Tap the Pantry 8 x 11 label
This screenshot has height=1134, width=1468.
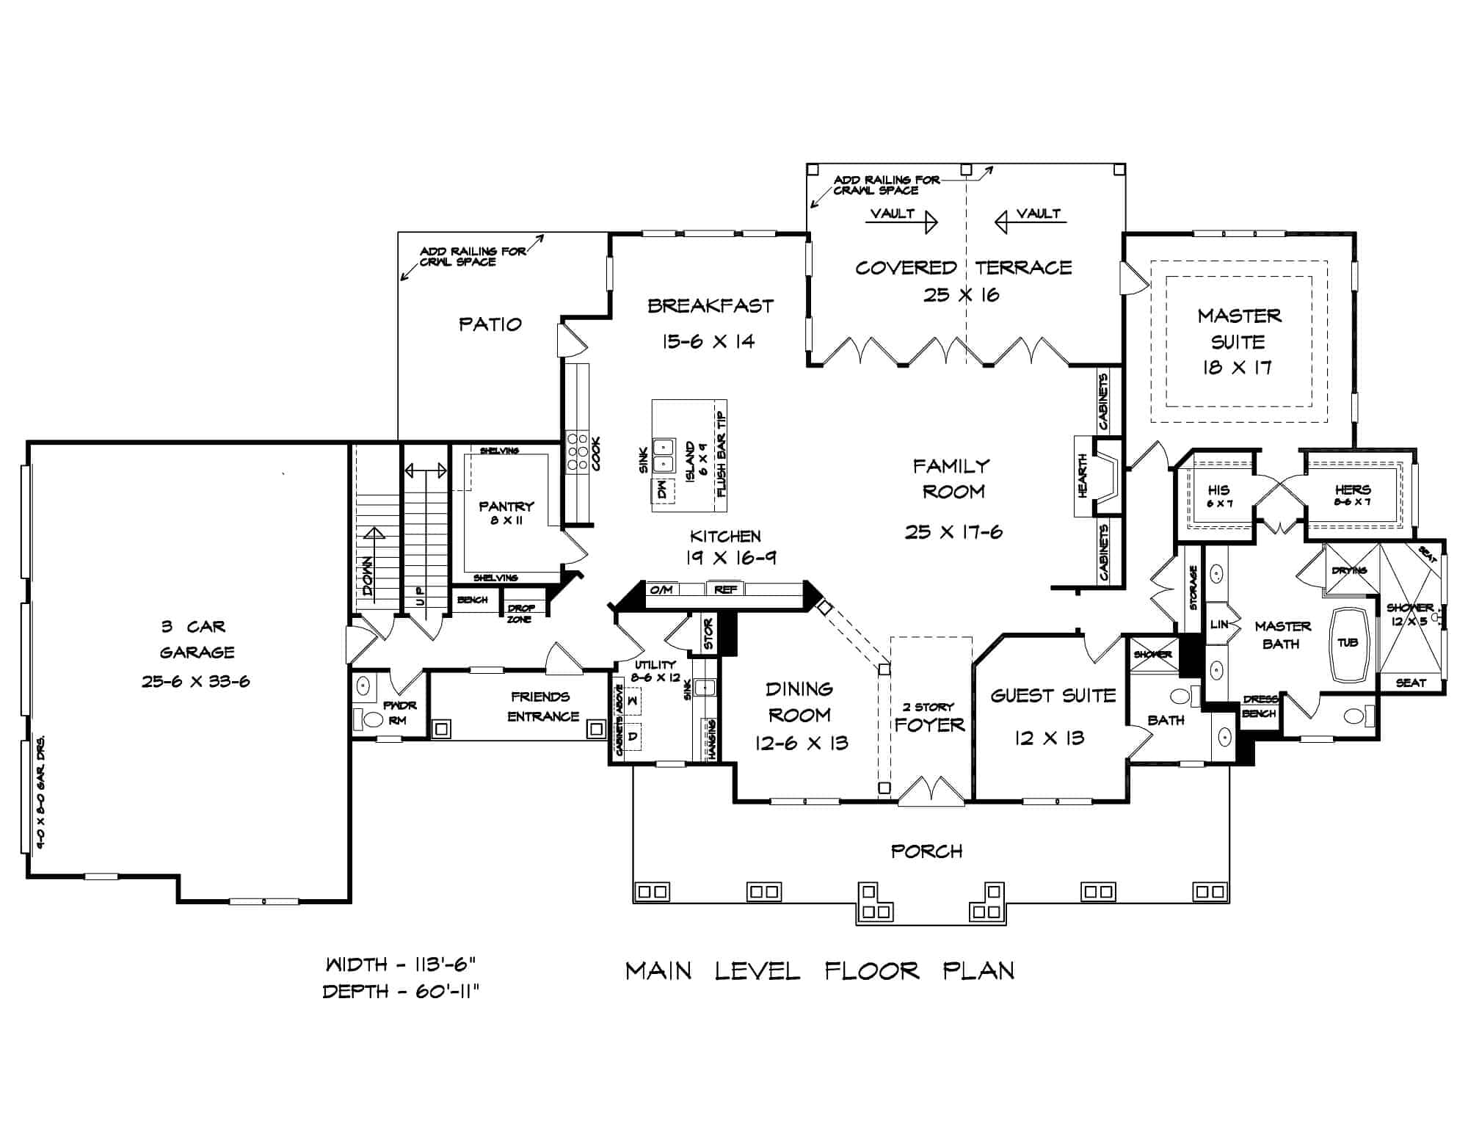point(506,512)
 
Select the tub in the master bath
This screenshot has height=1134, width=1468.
point(1348,643)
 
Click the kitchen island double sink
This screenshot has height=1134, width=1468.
point(665,455)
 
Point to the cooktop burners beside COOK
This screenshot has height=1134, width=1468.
point(576,451)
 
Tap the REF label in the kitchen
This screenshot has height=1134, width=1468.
point(725,589)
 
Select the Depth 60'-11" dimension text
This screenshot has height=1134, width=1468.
point(401,992)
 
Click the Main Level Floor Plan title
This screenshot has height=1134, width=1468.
point(820,971)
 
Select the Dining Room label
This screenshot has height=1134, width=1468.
point(799,702)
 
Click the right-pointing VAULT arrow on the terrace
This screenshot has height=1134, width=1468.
point(902,219)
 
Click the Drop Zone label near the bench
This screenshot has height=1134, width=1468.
point(522,613)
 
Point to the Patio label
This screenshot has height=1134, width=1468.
point(490,324)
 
